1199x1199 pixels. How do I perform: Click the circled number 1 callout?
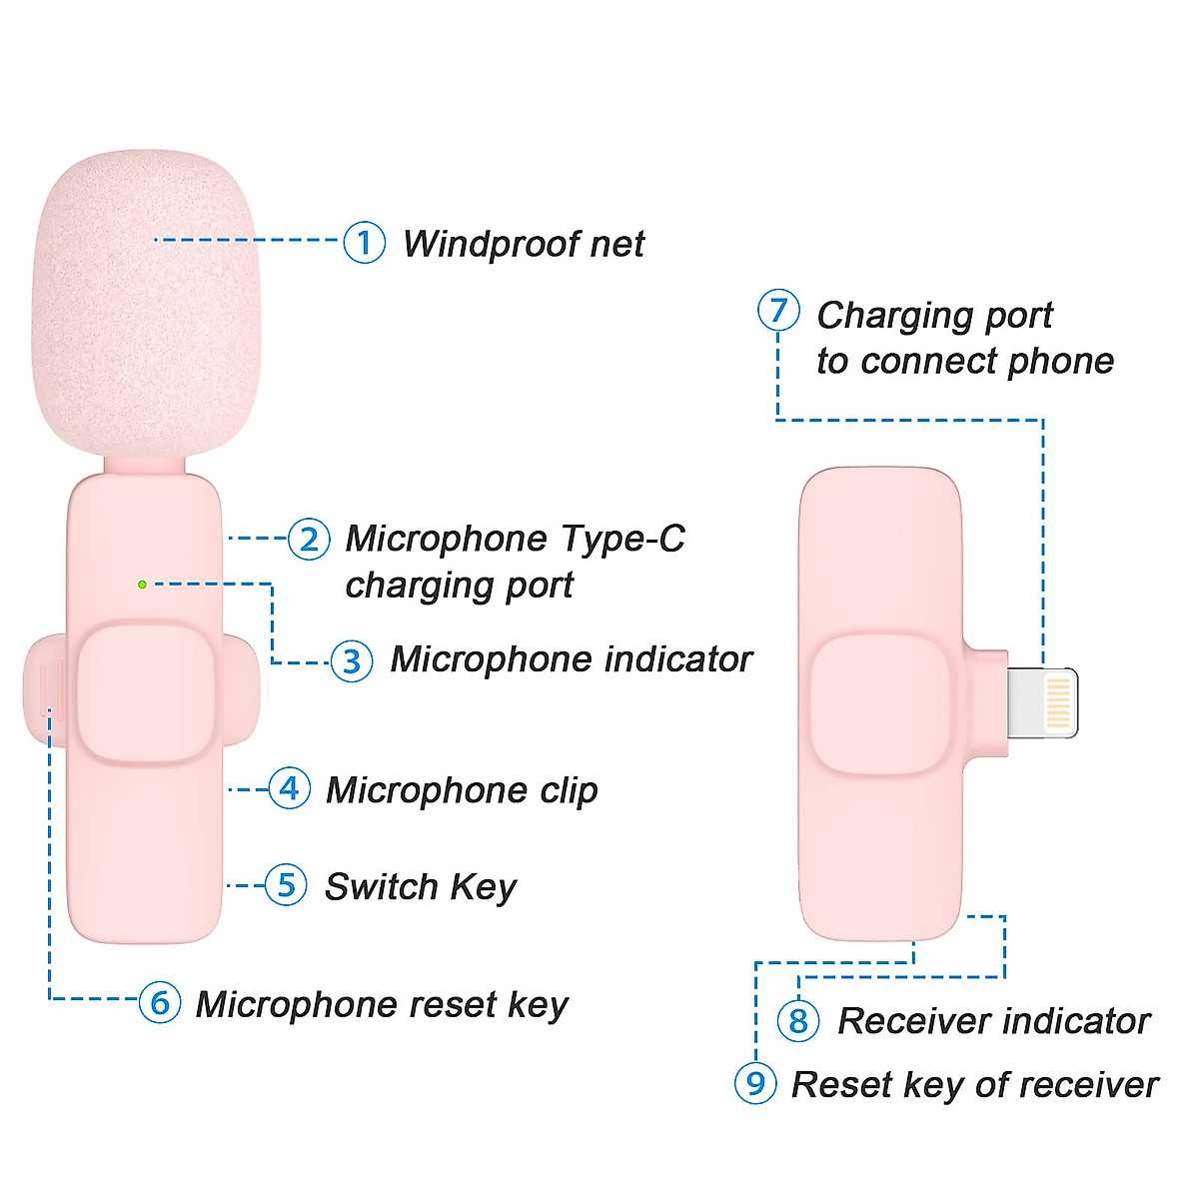click(x=364, y=242)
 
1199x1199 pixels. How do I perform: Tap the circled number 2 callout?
click(x=309, y=539)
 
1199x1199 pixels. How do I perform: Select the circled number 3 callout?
click(x=352, y=660)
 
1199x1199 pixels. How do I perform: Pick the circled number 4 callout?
click(x=289, y=788)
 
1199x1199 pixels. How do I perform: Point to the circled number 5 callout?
click(x=286, y=885)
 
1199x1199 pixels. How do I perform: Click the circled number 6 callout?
click(x=160, y=1002)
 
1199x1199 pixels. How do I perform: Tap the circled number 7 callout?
click(x=778, y=310)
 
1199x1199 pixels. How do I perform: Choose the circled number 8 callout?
click(x=798, y=1020)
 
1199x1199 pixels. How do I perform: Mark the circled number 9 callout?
click(x=755, y=1083)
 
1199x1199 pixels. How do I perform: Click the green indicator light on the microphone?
click(x=143, y=585)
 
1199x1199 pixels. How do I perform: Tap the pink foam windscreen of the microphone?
click(x=146, y=305)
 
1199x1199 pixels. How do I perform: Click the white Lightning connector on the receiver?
click(x=1043, y=703)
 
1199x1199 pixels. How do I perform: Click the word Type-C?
click(x=622, y=539)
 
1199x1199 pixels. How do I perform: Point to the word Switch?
click(x=382, y=886)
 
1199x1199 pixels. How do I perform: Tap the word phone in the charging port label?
click(x=1060, y=362)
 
